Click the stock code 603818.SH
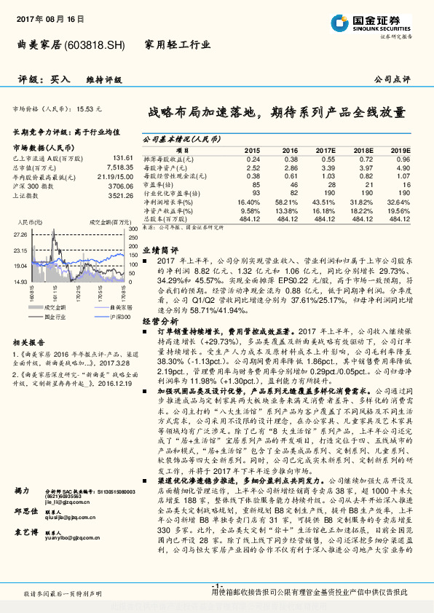pyautogui.click(x=95, y=45)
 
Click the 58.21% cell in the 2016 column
pyautogui.click(x=286, y=202)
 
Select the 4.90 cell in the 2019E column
pyautogui.click(x=403, y=167)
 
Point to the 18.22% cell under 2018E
pyautogui.click(x=365, y=210)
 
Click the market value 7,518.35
pyautogui.click(x=119, y=167)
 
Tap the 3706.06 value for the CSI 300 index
pyautogui.click(x=120, y=186)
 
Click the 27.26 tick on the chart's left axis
pyautogui.click(x=20, y=235)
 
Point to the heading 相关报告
pyautogui.click(x=29, y=342)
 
